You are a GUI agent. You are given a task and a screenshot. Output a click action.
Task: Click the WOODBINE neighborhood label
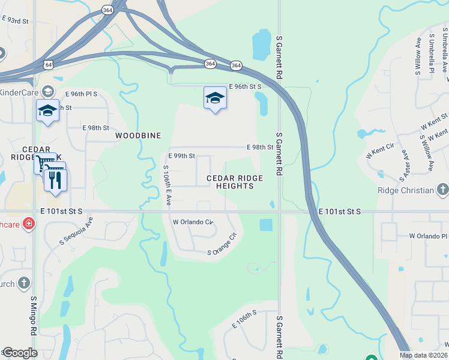(138, 136)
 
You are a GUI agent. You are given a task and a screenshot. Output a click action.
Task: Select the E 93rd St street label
(16, 20)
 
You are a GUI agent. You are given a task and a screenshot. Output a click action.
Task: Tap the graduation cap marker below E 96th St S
(215, 98)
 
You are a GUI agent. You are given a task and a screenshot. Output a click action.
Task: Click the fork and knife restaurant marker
(56, 180)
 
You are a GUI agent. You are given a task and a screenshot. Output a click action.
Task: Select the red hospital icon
(29, 224)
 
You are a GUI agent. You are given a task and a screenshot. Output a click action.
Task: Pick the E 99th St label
(182, 156)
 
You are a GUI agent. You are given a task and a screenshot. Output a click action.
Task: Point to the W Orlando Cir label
(193, 222)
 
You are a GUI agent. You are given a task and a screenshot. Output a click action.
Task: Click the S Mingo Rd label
(34, 323)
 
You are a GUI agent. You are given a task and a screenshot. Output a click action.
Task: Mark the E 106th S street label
(244, 319)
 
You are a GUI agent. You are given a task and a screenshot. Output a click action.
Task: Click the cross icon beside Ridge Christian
(442, 190)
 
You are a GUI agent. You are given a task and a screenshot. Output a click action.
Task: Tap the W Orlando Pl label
(426, 236)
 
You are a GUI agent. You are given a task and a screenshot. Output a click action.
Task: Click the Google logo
(20, 353)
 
